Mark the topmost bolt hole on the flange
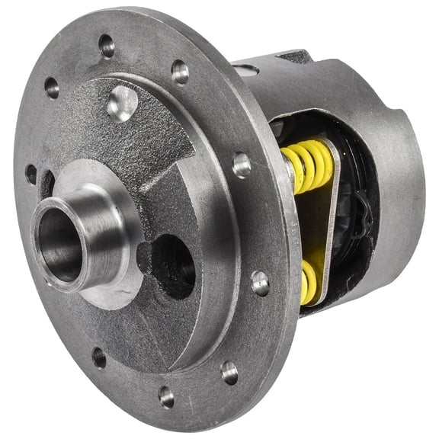[106, 45]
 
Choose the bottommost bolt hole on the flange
[166, 396]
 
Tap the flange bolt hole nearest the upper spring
[242, 163]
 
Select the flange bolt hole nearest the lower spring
[260, 283]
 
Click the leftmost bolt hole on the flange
[31, 174]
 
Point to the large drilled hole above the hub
[121, 103]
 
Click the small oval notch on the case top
[247, 70]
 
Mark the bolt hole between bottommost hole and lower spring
[229, 372]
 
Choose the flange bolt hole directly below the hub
[99, 357]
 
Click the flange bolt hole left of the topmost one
[52, 87]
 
